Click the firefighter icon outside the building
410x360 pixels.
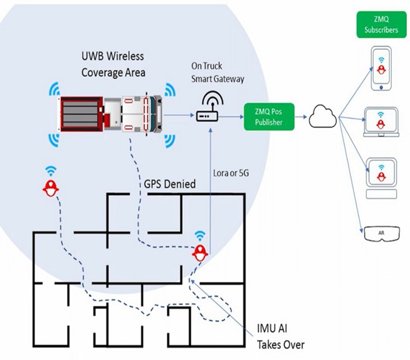point(50,188)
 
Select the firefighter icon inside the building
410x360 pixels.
point(199,252)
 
